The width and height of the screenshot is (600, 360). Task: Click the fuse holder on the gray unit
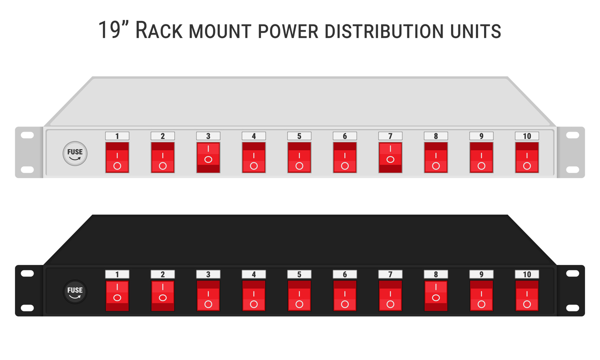(x=75, y=153)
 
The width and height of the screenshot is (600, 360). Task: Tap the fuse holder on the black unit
(x=75, y=292)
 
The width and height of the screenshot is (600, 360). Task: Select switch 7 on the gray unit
(x=390, y=157)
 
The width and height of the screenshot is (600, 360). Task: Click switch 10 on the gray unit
(x=527, y=157)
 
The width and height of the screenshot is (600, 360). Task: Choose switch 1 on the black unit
(x=117, y=296)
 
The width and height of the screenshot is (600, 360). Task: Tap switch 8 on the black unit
(x=436, y=296)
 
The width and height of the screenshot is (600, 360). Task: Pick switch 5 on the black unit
(x=299, y=296)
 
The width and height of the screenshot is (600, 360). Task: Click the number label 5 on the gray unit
(x=299, y=136)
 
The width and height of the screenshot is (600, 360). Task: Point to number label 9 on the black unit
(x=481, y=274)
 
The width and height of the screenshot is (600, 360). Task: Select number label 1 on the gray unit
(x=117, y=136)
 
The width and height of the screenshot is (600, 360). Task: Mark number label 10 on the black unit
(x=527, y=274)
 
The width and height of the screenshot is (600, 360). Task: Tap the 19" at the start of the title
(x=114, y=31)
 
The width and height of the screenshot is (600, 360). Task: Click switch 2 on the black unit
(x=163, y=296)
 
